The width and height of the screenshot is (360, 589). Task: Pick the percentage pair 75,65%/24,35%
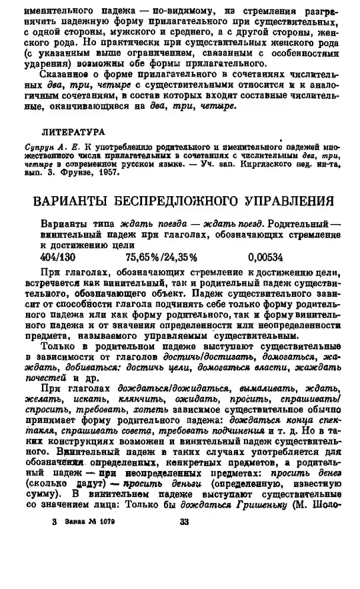[161, 257]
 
